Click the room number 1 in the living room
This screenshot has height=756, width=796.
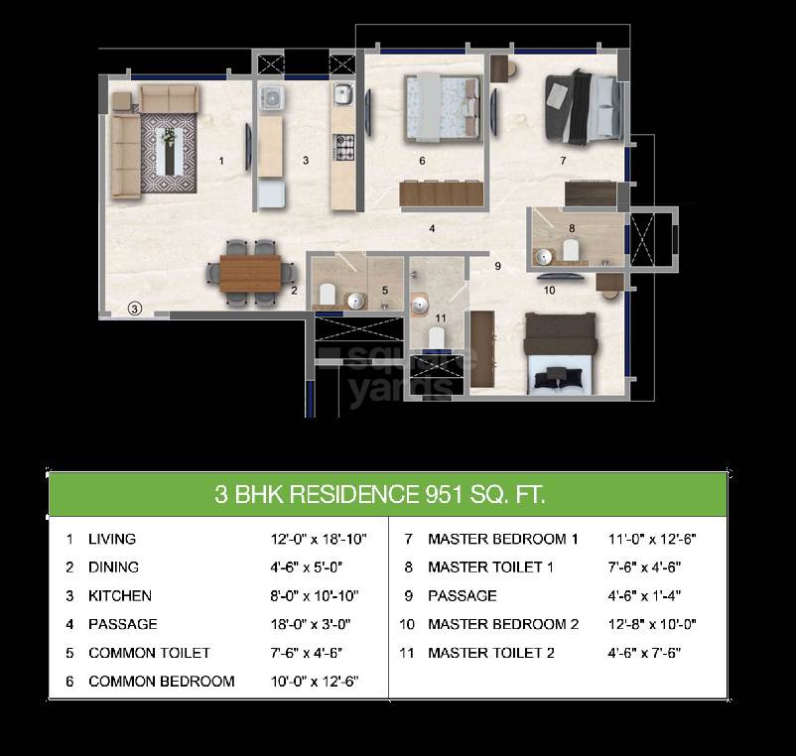221,160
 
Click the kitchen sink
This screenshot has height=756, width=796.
342,97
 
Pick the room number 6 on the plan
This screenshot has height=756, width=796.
422,160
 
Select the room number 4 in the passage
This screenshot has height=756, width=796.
432,229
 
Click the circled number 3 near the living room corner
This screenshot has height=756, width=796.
136,309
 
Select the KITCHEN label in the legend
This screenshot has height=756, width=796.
120,596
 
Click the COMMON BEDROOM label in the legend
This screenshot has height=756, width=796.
162,682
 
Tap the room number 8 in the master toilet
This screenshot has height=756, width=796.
572,228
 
